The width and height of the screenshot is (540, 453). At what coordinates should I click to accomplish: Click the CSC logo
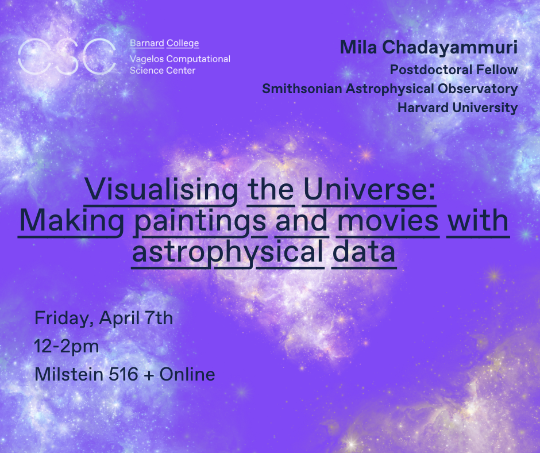tap(66, 57)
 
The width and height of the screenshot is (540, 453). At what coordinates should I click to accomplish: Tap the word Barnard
tap(146, 44)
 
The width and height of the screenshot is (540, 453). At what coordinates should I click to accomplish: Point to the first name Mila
tap(353, 48)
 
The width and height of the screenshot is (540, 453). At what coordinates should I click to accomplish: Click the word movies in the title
tap(388, 221)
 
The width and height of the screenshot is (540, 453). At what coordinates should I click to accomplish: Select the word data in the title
tap(364, 253)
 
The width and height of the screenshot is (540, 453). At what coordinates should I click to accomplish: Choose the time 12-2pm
tap(67, 346)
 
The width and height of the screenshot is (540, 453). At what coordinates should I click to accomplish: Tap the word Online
tap(187, 374)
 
